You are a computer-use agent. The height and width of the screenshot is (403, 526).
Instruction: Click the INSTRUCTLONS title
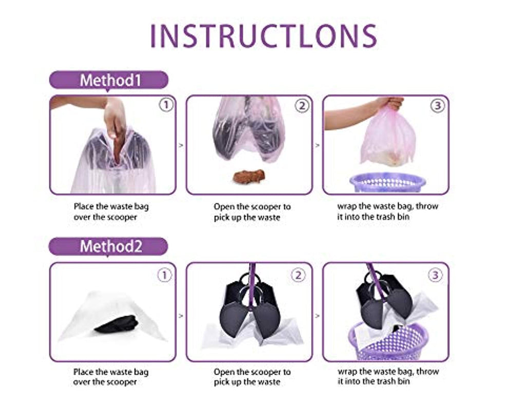click(264, 35)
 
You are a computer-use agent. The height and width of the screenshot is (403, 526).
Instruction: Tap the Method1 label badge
click(109, 80)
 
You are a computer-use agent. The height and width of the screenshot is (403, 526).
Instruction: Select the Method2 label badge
click(108, 247)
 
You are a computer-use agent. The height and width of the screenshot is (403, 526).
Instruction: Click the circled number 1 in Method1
click(166, 105)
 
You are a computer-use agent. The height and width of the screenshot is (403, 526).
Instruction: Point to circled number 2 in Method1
click(302, 106)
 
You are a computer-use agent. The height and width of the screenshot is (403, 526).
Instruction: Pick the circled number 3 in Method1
click(438, 106)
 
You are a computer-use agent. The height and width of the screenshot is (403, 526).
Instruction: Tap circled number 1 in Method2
click(164, 276)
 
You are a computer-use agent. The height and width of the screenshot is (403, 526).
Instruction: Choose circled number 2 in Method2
click(298, 276)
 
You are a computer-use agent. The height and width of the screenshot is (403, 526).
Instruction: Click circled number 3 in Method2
click(435, 276)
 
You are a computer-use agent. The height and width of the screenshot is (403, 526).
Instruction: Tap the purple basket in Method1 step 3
click(388, 182)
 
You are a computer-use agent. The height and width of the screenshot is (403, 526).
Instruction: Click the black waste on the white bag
click(116, 323)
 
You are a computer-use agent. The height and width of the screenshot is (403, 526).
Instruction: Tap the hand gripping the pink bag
click(391, 103)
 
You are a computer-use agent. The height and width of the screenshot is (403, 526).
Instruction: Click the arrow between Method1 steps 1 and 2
click(181, 145)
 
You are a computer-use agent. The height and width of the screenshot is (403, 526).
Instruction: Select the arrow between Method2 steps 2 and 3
click(317, 316)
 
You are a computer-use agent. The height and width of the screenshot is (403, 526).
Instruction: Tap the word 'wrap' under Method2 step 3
click(347, 372)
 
